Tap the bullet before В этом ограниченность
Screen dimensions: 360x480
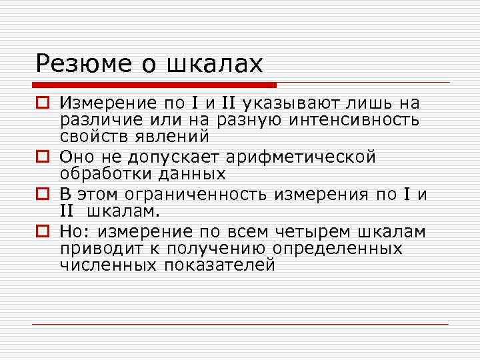click(42, 195)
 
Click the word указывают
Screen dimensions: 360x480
click(284, 103)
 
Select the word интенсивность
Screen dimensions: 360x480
click(355, 120)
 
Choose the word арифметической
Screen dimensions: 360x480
click(301, 158)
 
